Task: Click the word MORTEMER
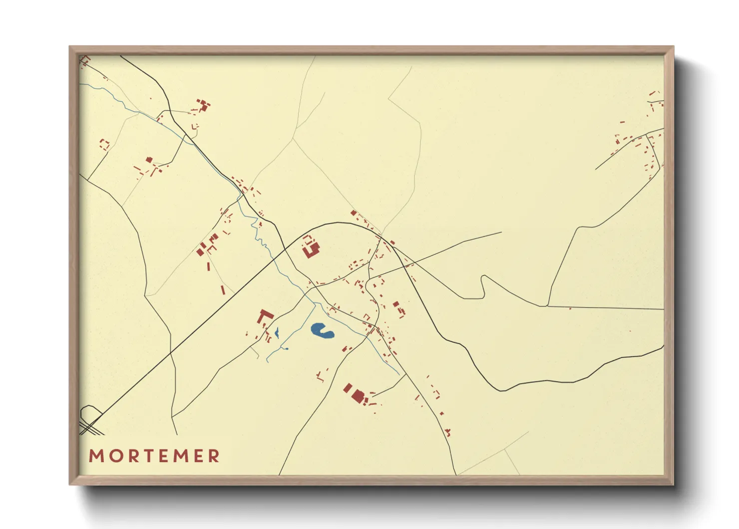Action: [x=154, y=456]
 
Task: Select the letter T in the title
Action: [x=149, y=456]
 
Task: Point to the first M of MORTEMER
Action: [x=96, y=456]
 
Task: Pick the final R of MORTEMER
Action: [x=214, y=456]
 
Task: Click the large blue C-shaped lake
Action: [x=322, y=330]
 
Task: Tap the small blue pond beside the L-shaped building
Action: [x=276, y=331]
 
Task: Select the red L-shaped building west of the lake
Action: [x=264, y=317]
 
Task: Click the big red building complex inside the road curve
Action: [x=311, y=246]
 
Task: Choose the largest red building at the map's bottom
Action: [x=358, y=396]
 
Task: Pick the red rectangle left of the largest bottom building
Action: [x=348, y=388]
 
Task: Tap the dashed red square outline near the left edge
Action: [x=104, y=145]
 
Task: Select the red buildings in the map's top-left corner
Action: [x=85, y=61]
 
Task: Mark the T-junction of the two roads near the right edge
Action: [x=548, y=306]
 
